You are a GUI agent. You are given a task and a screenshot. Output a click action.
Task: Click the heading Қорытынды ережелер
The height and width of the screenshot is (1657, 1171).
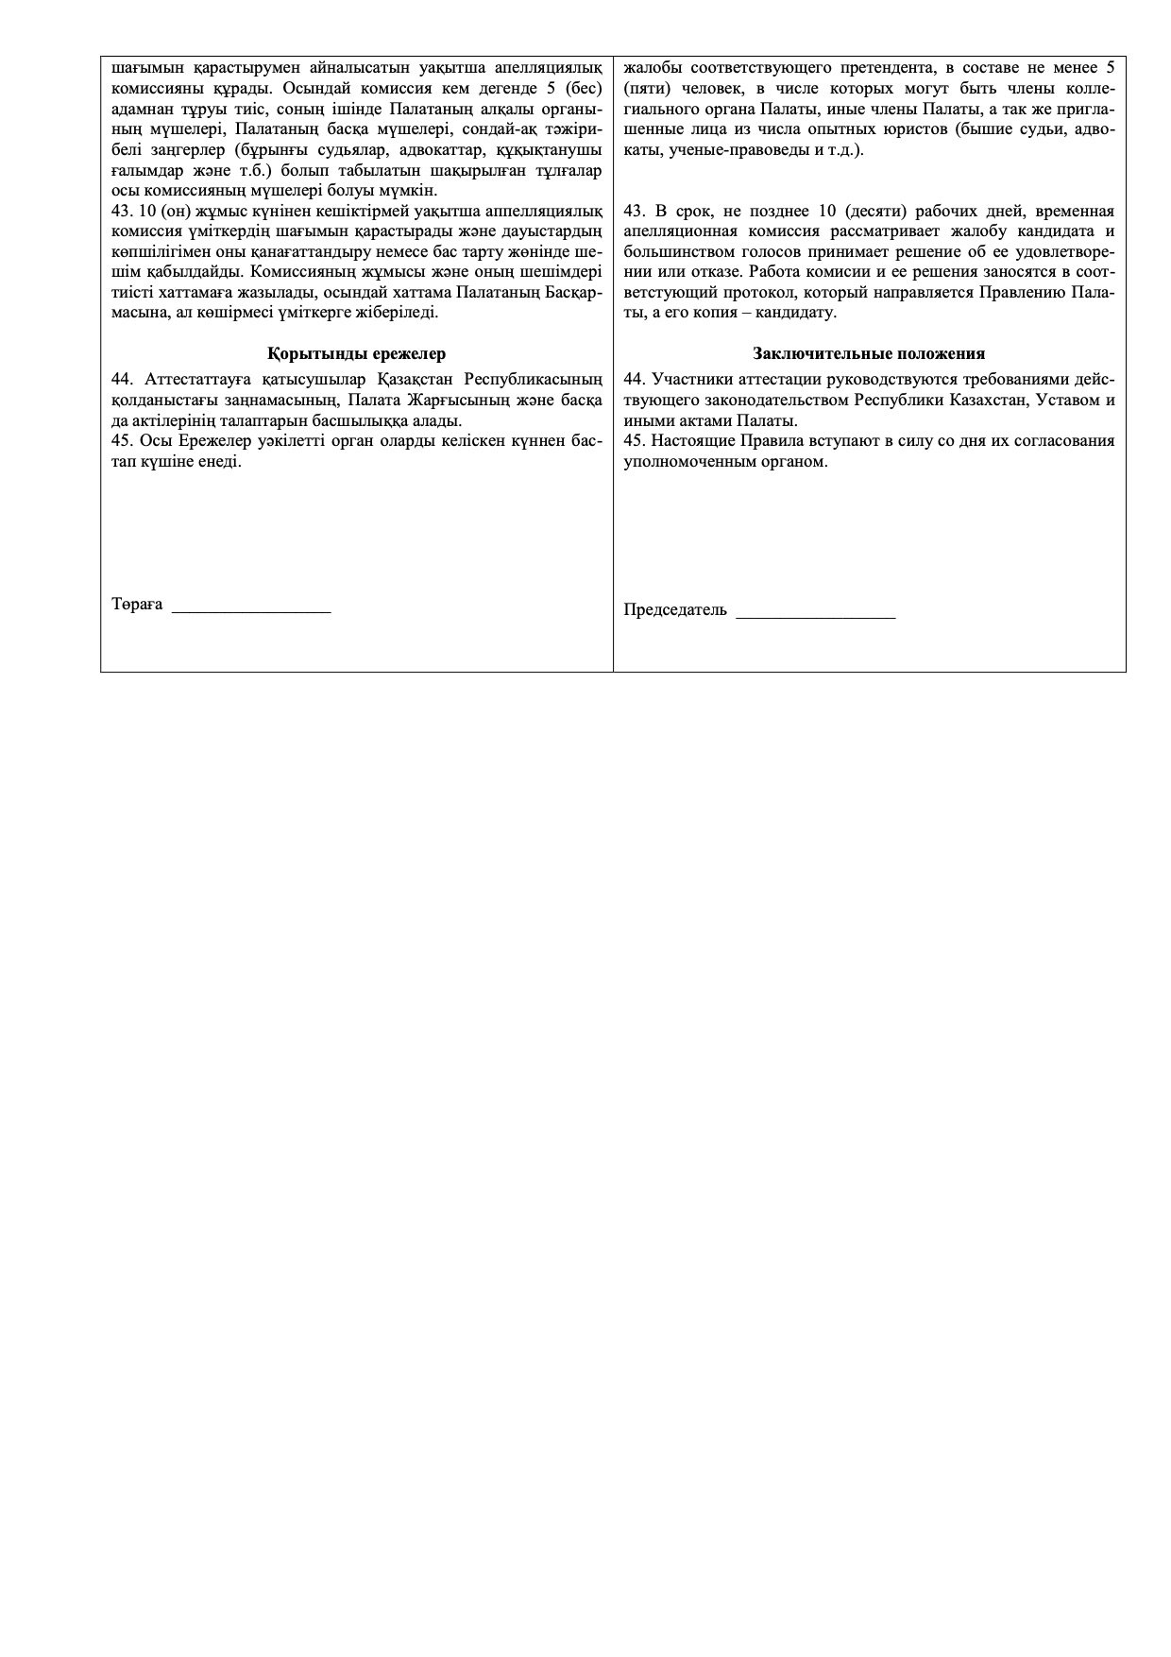[356, 354]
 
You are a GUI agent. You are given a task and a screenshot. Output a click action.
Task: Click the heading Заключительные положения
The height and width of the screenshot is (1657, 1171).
[869, 354]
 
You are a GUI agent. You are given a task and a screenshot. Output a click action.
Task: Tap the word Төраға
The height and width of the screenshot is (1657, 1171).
[137, 605]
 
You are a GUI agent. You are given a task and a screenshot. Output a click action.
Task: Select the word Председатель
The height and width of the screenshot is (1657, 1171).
[675, 610]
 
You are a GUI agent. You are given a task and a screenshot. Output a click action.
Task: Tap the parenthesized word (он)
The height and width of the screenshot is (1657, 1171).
[178, 211]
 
